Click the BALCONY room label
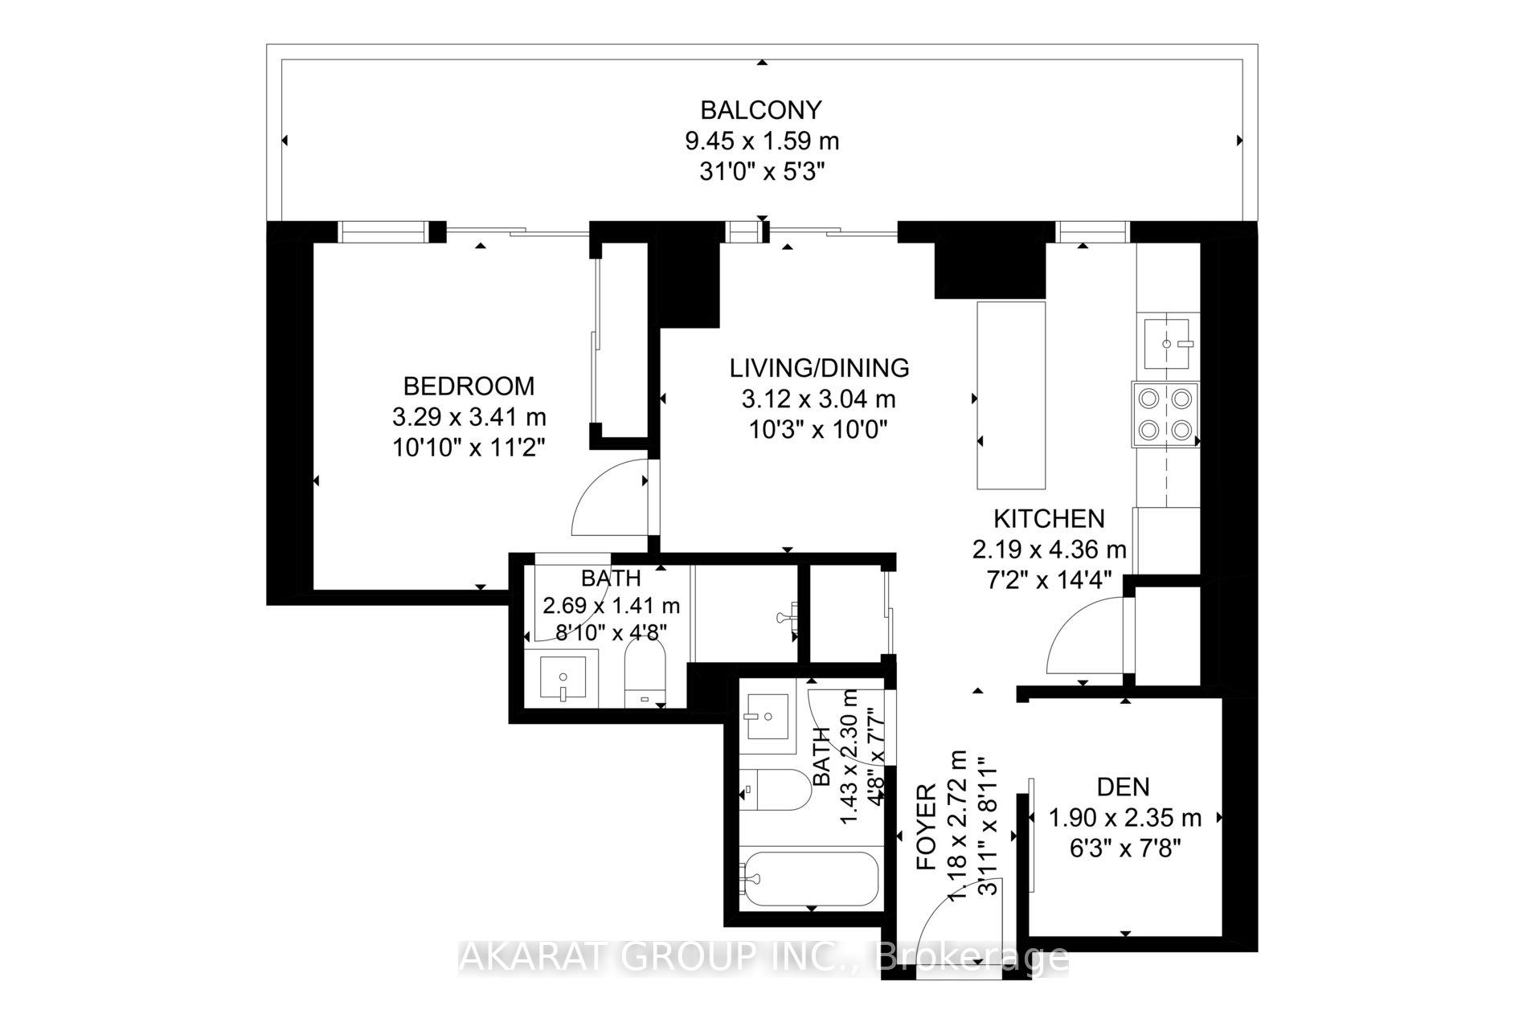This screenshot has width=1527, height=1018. [761, 109]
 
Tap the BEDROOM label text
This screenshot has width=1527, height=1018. [469, 386]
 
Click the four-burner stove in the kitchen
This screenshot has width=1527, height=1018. [1165, 414]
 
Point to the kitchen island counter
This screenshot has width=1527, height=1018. [1011, 395]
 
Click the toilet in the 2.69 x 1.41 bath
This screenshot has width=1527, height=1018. [645, 679]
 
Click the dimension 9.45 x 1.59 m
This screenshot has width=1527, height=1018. [761, 141]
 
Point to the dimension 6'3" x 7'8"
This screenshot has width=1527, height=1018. [1125, 848]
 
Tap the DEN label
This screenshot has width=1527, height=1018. [1124, 787]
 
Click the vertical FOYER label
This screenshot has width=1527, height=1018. [927, 827]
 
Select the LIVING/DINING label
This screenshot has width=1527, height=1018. [819, 368]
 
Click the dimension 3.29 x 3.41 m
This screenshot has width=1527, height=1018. [469, 417]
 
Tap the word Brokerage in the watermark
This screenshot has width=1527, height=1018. [975, 959]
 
